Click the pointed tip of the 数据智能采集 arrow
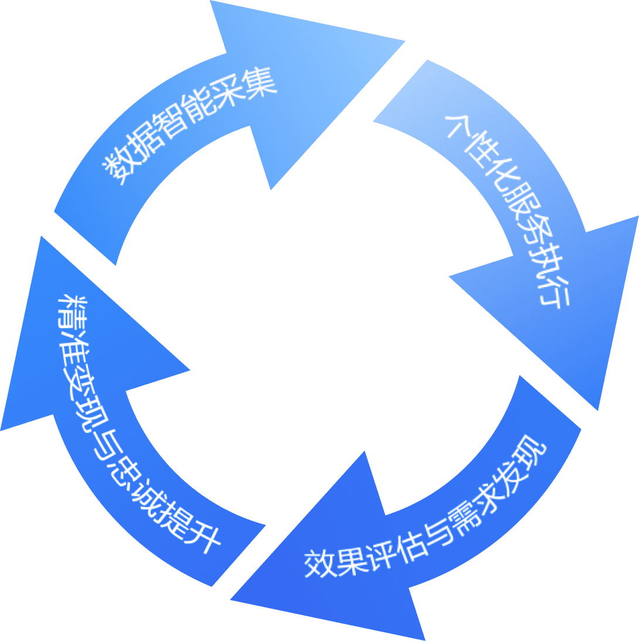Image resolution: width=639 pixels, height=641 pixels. [405, 41]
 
